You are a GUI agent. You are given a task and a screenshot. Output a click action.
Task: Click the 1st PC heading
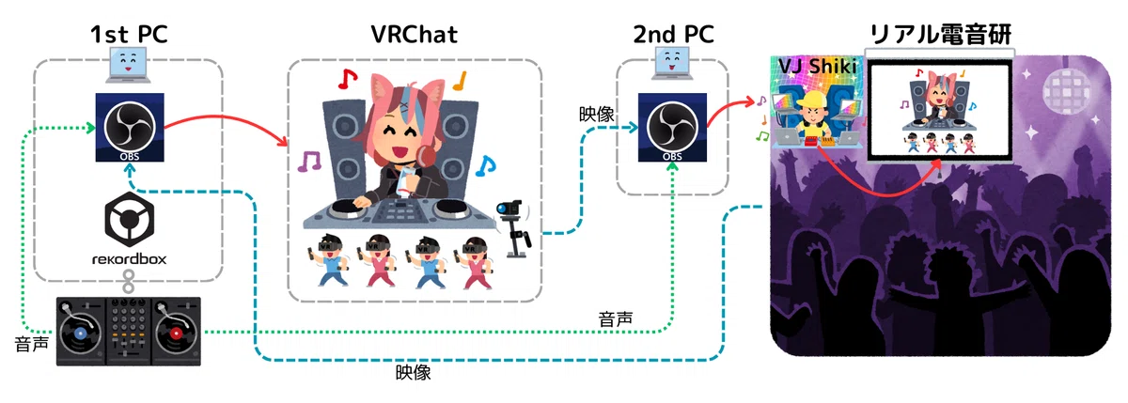click(129, 34)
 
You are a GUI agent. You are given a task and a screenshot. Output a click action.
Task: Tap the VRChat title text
click(414, 34)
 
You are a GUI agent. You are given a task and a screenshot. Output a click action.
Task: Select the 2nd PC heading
click(673, 34)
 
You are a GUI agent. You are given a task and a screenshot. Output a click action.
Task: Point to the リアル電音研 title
click(940, 34)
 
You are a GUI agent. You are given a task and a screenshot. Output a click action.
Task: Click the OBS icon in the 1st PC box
click(130, 128)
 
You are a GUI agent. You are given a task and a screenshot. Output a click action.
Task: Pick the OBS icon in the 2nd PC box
click(672, 128)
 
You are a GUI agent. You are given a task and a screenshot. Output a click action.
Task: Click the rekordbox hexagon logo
click(130, 220)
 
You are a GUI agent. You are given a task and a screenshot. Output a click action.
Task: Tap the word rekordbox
click(130, 259)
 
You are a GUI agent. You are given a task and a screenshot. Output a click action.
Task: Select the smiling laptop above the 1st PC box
click(128, 65)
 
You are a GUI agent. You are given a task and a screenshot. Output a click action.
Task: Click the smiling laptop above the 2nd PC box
click(672, 63)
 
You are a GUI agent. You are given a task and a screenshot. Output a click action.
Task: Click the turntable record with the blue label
click(80, 333)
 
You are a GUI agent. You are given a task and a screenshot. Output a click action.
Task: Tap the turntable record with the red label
click(176, 333)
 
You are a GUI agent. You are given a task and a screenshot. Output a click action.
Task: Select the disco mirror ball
click(1067, 89)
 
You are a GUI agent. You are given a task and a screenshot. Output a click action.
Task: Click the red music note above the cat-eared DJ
click(348, 79)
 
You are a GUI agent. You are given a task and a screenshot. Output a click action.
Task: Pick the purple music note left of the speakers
click(308, 162)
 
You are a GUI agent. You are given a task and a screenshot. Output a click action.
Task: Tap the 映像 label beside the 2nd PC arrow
click(596, 115)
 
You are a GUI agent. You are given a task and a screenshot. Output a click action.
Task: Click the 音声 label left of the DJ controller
click(32, 344)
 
